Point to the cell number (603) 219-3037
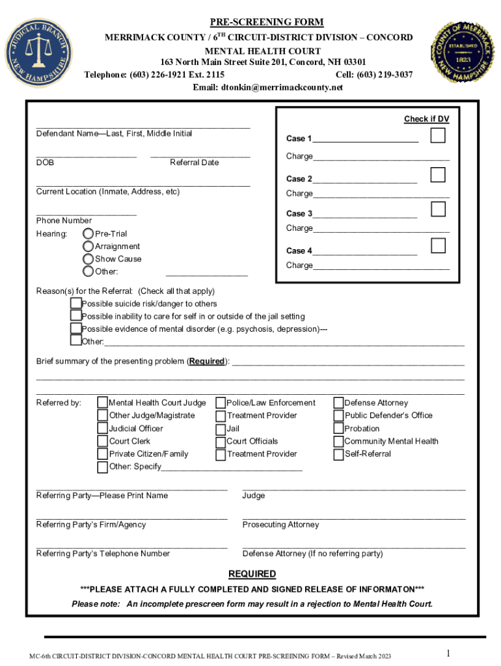coord(374,75)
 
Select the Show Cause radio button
coord(88,259)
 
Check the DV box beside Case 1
coord(439,136)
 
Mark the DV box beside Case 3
coord(439,209)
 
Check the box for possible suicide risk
coord(76,304)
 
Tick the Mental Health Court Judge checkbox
coord(103,403)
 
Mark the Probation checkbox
coord(338,429)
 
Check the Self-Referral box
coord(338,454)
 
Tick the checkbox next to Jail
coord(221,429)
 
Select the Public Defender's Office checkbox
coord(338,416)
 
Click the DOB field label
coord(45,163)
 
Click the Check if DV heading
coord(426,119)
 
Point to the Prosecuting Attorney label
coord(280,525)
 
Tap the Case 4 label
coord(299,251)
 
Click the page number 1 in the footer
coord(448,653)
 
